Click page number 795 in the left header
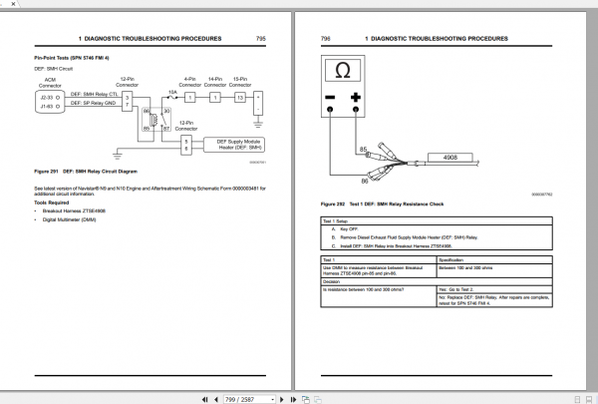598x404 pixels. [260, 38]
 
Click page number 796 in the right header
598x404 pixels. [325, 38]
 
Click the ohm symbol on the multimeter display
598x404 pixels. [343, 71]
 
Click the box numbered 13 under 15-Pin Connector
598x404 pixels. [240, 98]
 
